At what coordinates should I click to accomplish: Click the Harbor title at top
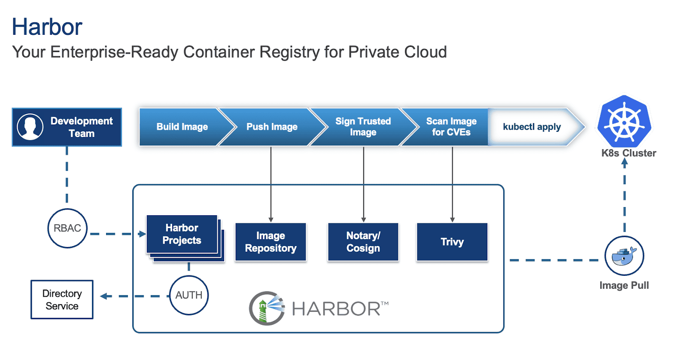47,27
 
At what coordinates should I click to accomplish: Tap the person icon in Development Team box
30,127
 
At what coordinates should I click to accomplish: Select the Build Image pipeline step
182,127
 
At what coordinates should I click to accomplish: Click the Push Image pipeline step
272,127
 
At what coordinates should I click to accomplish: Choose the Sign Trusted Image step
363,127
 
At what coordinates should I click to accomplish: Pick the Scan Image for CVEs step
451,127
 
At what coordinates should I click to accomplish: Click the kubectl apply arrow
532,127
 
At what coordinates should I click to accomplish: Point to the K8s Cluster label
629,153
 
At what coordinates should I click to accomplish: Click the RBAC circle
67,228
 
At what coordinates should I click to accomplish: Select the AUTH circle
189,295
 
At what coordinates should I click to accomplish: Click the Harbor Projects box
182,234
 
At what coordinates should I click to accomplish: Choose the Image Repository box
271,242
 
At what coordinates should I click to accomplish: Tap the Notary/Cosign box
363,242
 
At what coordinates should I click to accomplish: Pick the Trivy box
452,242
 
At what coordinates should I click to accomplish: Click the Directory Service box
62,299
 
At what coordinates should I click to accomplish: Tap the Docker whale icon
624,256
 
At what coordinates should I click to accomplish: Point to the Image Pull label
624,285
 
